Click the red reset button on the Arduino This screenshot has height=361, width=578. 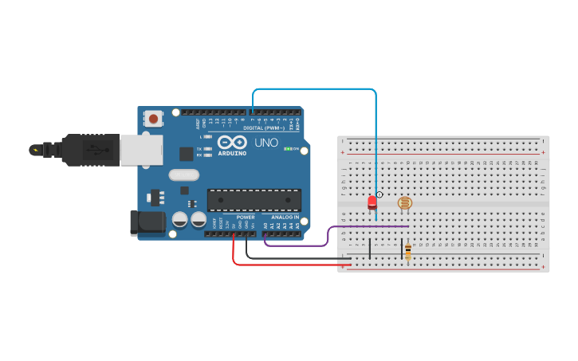(x=153, y=120)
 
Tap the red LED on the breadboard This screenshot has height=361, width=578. (x=372, y=202)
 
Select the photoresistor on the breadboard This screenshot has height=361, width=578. (x=405, y=203)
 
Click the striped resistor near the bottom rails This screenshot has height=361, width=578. (x=408, y=252)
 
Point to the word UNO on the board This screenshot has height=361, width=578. (x=266, y=143)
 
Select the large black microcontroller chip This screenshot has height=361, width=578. (x=254, y=200)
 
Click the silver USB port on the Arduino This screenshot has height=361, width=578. (x=140, y=150)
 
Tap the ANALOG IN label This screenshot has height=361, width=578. (x=285, y=217)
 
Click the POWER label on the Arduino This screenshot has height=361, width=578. (x=246, y=217)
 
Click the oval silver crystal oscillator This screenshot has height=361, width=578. (x=183, y=175)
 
